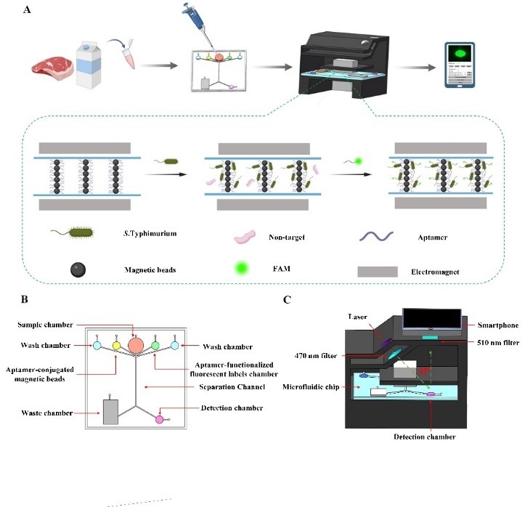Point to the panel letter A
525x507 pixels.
point(27,9)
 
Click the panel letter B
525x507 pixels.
point(26,297)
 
